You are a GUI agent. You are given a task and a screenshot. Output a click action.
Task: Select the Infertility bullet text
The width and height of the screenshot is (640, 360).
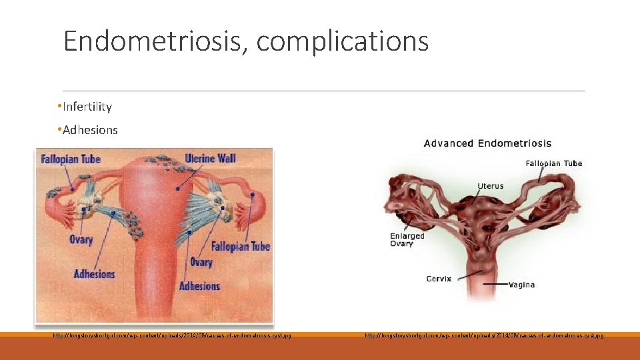pyautogui.click(x=87, y=107)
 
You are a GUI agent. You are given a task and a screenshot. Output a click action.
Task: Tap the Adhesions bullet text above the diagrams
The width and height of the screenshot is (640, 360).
pyautogui.click(x=90, y=130)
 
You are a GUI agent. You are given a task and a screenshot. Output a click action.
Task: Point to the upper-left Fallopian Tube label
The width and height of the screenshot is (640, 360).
pyautogui.click(x=69, y=159)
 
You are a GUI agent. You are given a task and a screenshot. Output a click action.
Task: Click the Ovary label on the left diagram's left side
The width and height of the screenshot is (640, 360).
pyautogui.click(x=81, y=239)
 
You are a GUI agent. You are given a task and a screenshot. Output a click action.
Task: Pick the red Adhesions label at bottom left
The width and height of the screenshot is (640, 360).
pyautogui.click(x=94, y=273)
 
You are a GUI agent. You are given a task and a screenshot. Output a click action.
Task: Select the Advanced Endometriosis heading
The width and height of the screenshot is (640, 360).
pyautogui.click(x=487, y=143)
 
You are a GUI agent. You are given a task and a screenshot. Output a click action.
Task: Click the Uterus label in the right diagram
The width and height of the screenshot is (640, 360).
pyautogui.click(x=491, y=186)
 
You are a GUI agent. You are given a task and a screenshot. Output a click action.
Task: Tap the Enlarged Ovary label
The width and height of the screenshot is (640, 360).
pyautogui.click(x=407, y=239)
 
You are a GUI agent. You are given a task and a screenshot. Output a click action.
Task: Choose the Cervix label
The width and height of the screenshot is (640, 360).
pyautogui.click(x=439, y=279)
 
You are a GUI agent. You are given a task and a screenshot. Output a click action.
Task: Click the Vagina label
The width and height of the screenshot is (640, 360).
pyautogui.click(x=521, y=285)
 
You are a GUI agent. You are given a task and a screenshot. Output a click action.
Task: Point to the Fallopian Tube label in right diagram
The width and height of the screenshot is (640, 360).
pyautogui.click(x=553, y=163)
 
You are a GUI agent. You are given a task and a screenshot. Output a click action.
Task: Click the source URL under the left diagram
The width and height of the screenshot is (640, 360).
pyautogui.click(x=172, y=335)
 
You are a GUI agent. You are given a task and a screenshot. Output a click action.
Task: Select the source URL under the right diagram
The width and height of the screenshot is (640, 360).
pyautogui.click(x=485, y=335)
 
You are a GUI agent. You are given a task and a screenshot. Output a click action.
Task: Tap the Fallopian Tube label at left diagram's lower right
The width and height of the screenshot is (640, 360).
pyautogui.click(x=241, y=247)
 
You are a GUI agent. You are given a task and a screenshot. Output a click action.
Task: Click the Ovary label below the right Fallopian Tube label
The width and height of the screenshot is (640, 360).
pyautogui.click(x=201, y=262)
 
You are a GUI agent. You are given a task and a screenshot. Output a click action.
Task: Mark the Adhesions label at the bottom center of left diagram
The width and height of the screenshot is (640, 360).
pyautogui.click(x=199, y=286)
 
